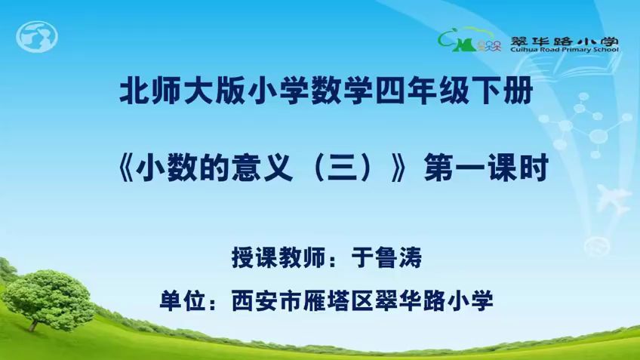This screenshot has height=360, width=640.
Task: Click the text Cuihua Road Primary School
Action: [569, 51]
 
